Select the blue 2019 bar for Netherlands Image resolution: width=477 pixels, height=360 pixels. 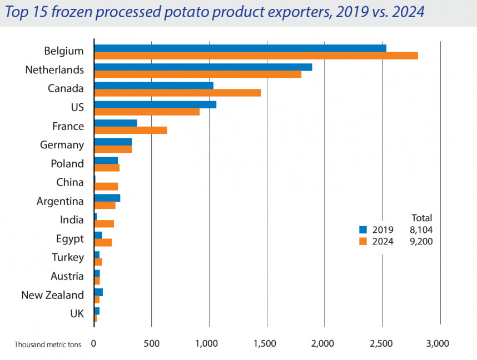[203, 67]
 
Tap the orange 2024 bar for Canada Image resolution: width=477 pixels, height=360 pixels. [177, 93]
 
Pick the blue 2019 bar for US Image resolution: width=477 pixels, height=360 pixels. [155, 104]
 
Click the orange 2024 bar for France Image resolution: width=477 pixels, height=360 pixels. [131, 130]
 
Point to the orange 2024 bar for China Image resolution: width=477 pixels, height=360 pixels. [106, 187]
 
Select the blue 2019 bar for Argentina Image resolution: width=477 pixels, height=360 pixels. [107, 198]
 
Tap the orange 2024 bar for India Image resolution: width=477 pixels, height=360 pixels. [104, 224]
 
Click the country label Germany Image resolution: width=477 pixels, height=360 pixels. [62, 145]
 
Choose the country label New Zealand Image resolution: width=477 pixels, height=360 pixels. [52, 295]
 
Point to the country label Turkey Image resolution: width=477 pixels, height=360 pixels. [67, 257]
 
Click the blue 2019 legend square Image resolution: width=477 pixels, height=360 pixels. [363, 229]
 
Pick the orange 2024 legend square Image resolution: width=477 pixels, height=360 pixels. [363, 241]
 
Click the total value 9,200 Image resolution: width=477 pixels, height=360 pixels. [421, 241]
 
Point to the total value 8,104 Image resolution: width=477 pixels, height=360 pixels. [421, 229]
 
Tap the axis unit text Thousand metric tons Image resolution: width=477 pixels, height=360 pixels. [48, 344]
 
